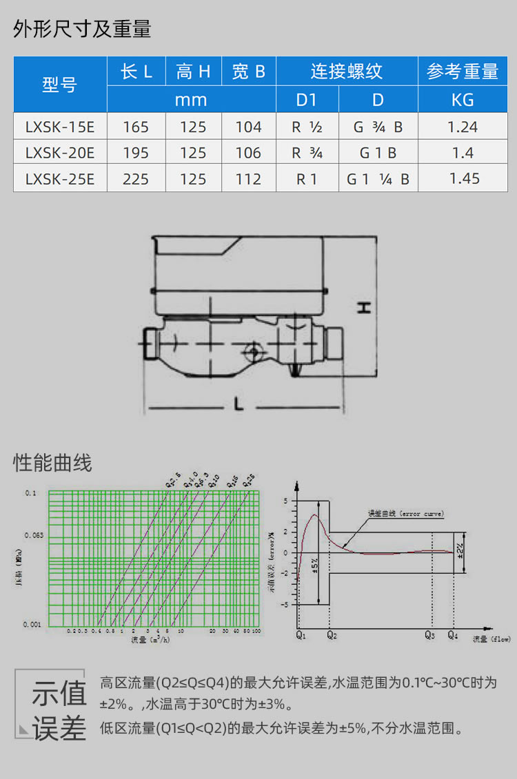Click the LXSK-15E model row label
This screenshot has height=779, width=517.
60,127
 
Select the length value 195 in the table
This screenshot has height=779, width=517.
136,153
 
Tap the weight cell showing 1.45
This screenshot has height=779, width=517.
463,178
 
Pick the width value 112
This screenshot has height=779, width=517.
248,179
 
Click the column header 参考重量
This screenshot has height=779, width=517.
463,72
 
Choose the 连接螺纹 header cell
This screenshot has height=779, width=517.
346,72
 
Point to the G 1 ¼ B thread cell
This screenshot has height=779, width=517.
378,179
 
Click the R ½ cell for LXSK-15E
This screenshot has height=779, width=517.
307,127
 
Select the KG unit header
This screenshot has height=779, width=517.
463,100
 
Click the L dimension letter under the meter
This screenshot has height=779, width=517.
239,406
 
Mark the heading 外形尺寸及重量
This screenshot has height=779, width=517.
82,29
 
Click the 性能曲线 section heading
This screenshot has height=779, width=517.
52,463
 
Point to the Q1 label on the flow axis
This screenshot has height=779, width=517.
301,634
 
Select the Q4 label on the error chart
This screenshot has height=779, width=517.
452,634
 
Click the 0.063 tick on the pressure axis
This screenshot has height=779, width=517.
34,535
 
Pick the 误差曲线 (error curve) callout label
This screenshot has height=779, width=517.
406,514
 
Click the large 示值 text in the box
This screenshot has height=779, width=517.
59,694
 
